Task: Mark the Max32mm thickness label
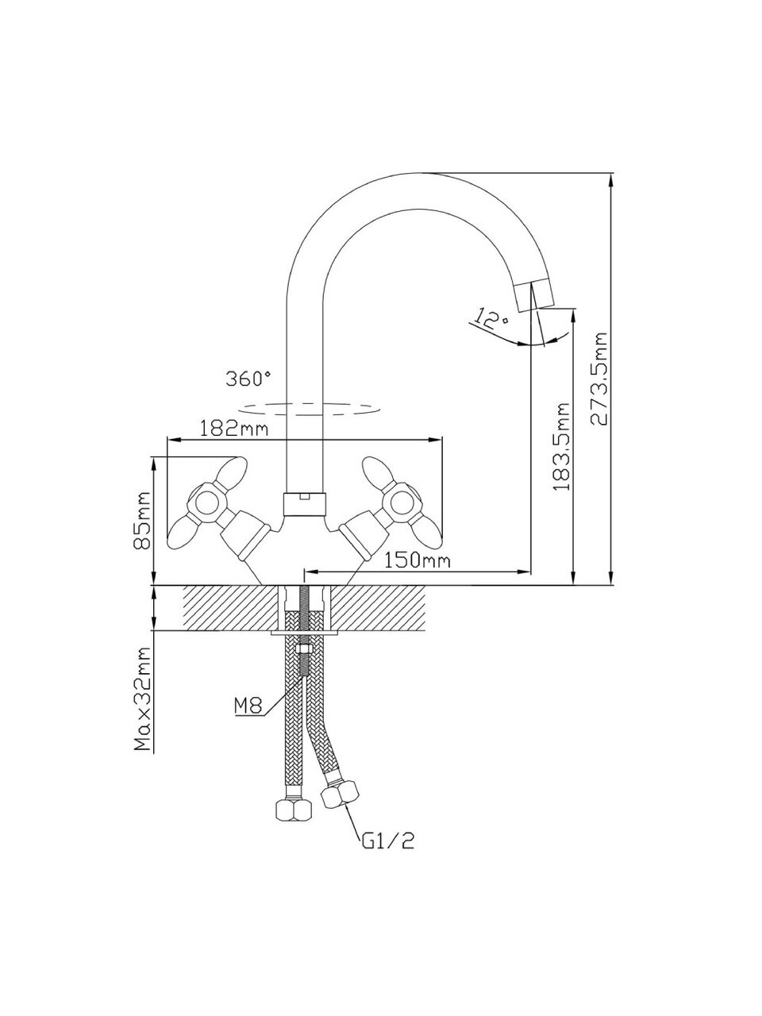[x=144, y=699]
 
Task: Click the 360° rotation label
[x=248, y=379]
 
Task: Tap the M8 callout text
[x=248, y=705]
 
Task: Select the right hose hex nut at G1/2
[x=341, y=794]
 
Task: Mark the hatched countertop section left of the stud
[x=230, y=608]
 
